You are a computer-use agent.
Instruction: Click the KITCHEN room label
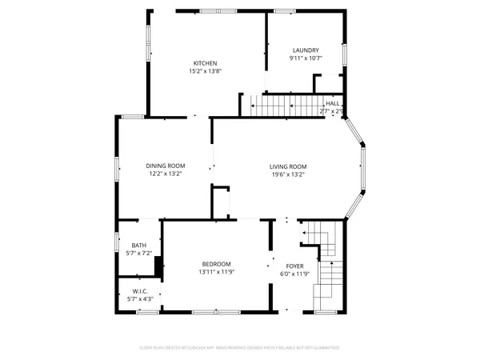click(x=205, y=63)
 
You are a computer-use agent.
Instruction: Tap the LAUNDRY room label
click(x=305, y=50)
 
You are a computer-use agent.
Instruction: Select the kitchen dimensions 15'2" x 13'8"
click(x=205, y=71)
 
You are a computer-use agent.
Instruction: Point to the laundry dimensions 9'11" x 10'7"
click(x=305, y=58)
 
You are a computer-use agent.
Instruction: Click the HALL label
click(x=332, y=104)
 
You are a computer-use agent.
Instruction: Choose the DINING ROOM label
click(x=166, y=166)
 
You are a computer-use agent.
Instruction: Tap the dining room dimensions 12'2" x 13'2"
click(x=166, y=174)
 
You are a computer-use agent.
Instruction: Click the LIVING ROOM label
click(x=288, y=166)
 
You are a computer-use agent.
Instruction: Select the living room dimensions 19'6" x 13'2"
click(x=288, y=174)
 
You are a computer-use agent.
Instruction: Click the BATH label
click(x=139, y=246)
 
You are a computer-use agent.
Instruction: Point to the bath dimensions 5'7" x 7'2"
click(x=139, y=254)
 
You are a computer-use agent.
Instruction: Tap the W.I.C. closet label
click(x=139, y=290)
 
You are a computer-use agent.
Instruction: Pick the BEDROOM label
click(x=216, y=264)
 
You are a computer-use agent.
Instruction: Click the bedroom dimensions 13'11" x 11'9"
click(x=216, y=272)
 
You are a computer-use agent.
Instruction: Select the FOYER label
click(x=295, y=265)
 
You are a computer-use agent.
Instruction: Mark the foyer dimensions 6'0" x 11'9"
click(x=295, y=273)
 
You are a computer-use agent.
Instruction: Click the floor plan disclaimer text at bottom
click(x=240, y=348)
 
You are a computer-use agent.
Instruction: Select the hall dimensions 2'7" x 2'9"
click(x=332, y=111)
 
